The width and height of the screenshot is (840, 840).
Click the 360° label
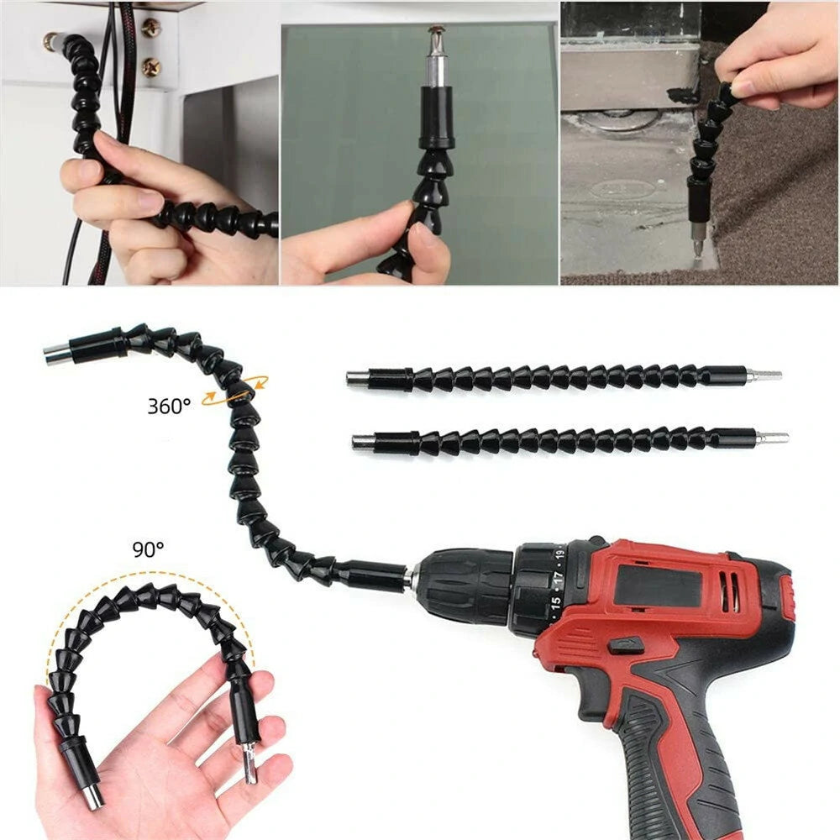[169, 406]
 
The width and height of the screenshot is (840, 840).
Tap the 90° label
[148, 549]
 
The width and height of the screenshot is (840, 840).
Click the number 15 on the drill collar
[554, 603]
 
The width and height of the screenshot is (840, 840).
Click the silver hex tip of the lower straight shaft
[772, 438]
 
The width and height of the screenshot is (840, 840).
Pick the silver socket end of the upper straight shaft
[356, 378]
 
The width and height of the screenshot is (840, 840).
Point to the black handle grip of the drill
[672, 756]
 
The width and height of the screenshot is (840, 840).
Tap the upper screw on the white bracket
[150, 26]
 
